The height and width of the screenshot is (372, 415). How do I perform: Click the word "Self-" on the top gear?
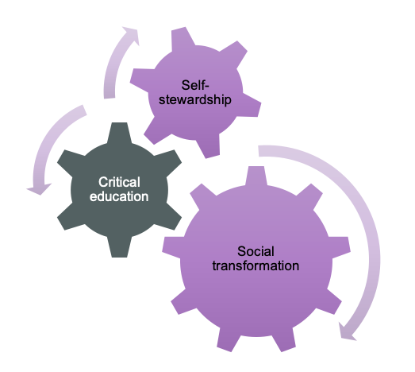(x=195, y=85)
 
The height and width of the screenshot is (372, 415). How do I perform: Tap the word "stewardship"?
(x=195, y=100)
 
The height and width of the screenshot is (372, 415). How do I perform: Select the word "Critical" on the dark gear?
(x=119, y=182)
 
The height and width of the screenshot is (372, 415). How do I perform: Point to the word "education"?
(x=119, y=196)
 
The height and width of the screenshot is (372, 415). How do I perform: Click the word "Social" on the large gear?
(x=256, y=251)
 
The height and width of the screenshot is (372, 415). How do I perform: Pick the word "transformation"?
(x=256, y=265)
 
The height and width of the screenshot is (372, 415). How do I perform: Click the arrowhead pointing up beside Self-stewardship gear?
(x=131, y=35)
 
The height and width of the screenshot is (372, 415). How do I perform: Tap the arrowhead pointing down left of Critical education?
(x=39, y=189)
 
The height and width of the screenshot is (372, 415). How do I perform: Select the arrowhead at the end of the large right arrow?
(x=347, y=332)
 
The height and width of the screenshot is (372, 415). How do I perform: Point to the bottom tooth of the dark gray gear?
(x=119, y=247)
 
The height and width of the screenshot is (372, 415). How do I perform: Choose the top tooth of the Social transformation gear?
(x=256, y=176)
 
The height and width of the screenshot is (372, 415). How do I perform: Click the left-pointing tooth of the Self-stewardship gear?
(x=141, y=79)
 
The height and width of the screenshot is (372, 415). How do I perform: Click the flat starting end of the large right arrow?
(x=259, y=150)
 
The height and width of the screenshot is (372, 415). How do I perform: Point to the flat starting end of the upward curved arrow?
(x=110, y=95)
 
